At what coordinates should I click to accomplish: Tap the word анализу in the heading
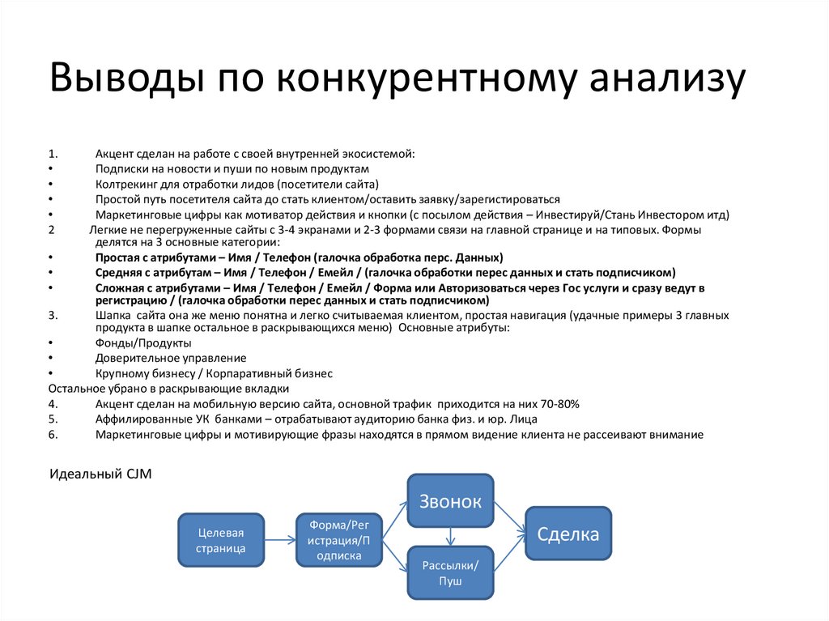point(665,79)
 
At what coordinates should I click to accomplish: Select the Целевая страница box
point(221,540)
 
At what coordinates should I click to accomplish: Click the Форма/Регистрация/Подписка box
point(339,540)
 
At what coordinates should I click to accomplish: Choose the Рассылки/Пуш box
point(450,572)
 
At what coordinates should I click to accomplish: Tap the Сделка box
point(568,534)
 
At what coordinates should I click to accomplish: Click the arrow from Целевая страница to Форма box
point(280,540)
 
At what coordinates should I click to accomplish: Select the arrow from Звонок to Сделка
point(509,516)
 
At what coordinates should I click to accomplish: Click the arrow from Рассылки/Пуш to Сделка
point(509,555)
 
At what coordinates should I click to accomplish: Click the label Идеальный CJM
point(100,474)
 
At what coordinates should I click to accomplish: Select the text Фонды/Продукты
point(132,343)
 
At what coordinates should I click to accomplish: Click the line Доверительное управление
point(171,358)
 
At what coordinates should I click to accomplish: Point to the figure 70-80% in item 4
point(559,404)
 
